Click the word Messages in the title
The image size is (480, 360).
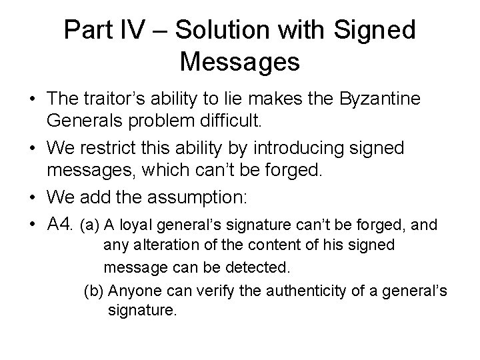tap(239, 63)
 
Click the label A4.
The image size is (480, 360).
tap(61, 225)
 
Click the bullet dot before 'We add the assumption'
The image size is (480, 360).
tap(32, 198)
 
